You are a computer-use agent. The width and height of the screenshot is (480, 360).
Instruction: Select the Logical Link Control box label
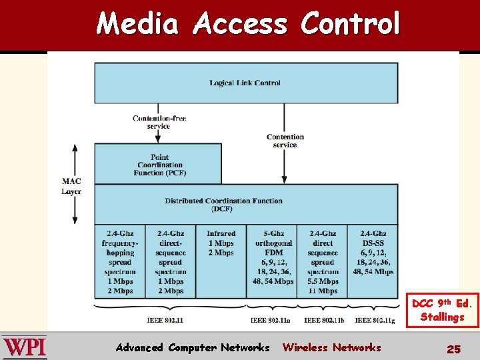(x=245, y=83)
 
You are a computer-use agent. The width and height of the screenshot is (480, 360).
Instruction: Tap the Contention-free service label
(x=159, y=122)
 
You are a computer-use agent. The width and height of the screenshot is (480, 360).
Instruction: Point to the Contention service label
(x=285, y=141)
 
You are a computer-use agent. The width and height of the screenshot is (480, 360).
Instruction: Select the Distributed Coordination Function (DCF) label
(x=223, y=205)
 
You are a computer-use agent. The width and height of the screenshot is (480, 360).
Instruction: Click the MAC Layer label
(x=71, y=186)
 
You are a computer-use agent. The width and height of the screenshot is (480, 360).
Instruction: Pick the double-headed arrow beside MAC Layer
(x=75, y=184)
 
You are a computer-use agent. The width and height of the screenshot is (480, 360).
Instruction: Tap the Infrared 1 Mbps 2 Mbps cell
(x=221, y=243)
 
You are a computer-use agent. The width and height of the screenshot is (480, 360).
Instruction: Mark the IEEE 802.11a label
(x=270, y=321)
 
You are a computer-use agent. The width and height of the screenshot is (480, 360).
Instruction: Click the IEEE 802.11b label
(x=323, y=321)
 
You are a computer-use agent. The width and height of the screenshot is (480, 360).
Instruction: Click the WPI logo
(x=25, y=347)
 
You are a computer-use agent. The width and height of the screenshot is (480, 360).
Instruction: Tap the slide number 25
(x=453, y=348)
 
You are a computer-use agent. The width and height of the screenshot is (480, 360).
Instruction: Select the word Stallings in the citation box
(x=442, y=317)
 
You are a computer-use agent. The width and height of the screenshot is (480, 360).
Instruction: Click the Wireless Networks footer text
(x=331, y=347)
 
